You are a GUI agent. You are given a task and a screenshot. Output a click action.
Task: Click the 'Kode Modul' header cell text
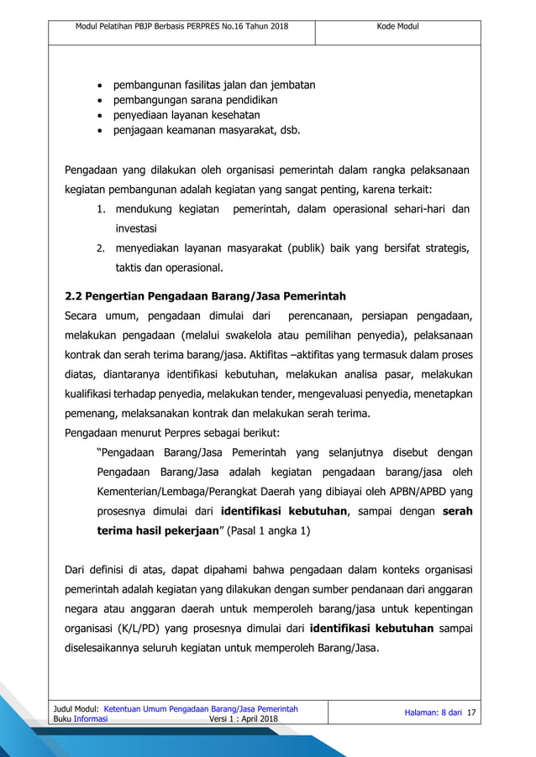point(397,27)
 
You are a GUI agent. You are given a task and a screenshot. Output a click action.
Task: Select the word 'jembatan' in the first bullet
point(289,85)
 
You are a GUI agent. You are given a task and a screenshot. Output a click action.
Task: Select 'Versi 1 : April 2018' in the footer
point(247,719)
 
